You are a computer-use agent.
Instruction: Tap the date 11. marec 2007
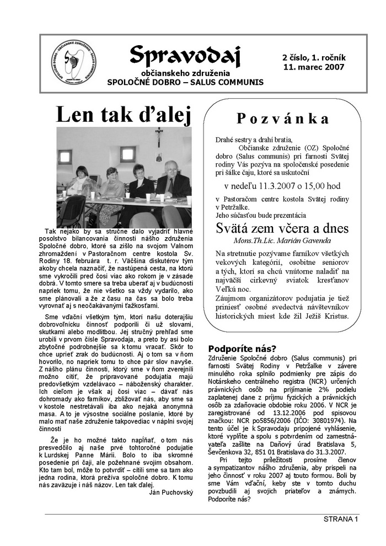pos(313,67)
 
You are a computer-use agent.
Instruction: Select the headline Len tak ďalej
pos(123,115)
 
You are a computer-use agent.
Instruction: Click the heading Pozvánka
pos(283,119)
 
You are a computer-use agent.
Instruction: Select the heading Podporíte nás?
pos(242,348)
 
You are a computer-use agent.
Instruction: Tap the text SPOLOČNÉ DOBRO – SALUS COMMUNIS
pos(185,82)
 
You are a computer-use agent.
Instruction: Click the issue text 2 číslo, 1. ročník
pos(313,57)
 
